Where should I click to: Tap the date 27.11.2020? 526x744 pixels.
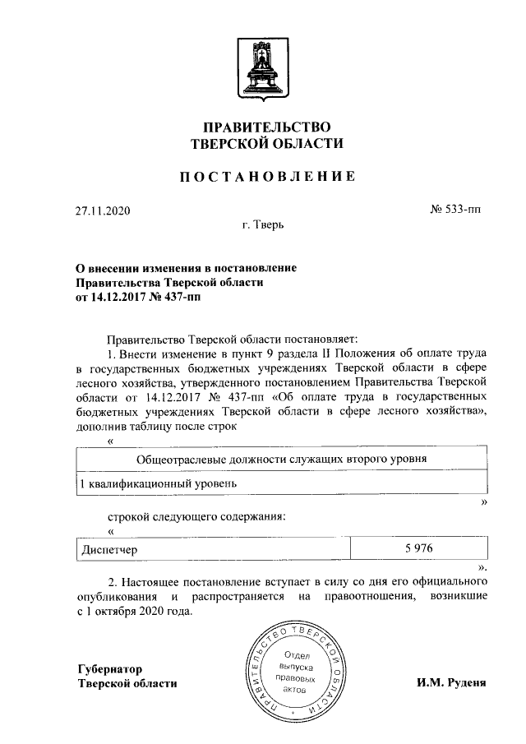pos(103,210)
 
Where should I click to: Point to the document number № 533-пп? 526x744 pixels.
pos(455,210)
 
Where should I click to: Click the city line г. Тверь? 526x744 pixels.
pos(263,224)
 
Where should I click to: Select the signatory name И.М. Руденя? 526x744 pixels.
pos(452,683)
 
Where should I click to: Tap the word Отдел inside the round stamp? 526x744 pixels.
pos(293,655)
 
